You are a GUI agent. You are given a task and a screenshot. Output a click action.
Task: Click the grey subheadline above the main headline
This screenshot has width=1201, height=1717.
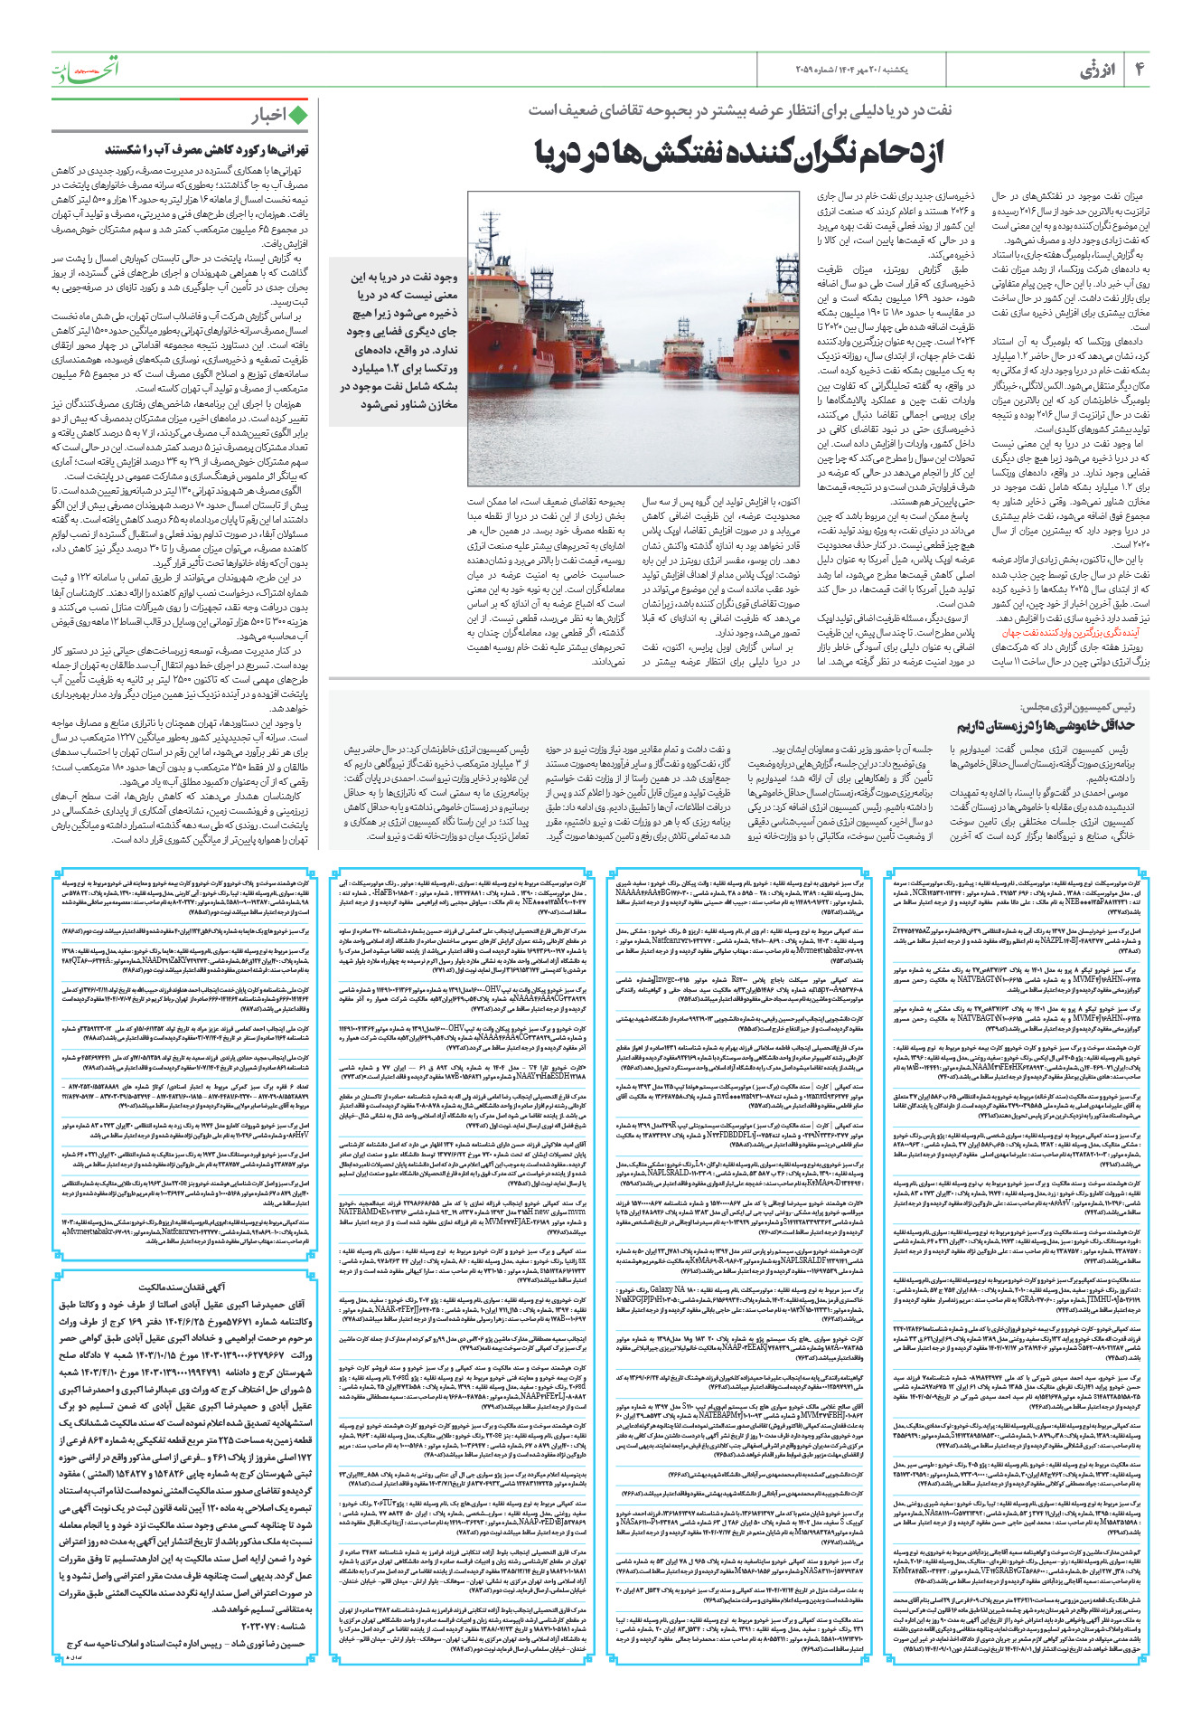coord(740,109)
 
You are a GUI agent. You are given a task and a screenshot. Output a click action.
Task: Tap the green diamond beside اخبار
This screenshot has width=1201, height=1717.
coord(297,115)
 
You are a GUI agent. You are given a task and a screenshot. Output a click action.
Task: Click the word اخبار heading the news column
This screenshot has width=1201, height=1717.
coord(268,115)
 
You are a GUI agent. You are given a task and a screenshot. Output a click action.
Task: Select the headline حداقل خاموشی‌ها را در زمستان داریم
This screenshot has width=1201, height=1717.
coord(1045,725)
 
